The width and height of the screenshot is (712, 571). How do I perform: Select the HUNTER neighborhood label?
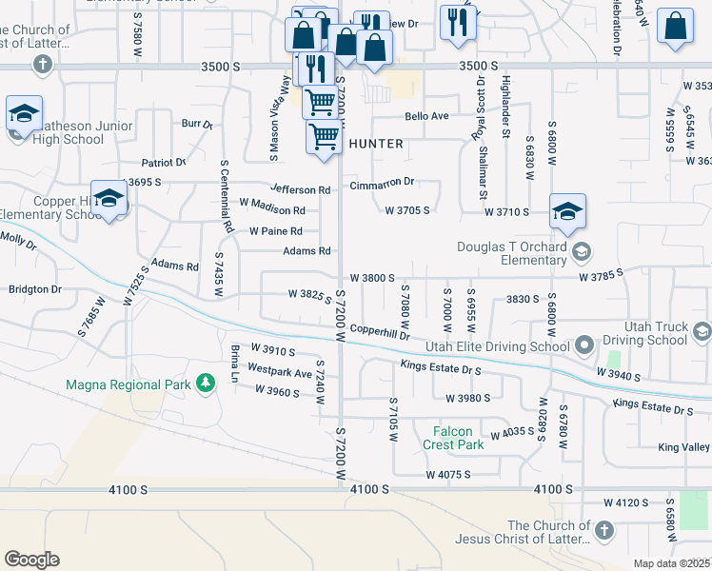click(376, 144)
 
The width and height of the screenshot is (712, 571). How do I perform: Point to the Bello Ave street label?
click(425, 116)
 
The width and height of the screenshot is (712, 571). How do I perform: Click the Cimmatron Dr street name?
click(383, 182)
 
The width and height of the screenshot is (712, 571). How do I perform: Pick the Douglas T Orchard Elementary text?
click(513, 254)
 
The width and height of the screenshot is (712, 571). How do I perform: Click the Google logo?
click(31, 559)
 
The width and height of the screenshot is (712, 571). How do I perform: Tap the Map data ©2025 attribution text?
click(671, 563)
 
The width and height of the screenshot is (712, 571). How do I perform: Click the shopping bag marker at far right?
click(675, 29)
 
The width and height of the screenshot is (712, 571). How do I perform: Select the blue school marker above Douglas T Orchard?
click(567, 212)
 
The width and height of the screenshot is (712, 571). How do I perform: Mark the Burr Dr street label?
click(197, 124)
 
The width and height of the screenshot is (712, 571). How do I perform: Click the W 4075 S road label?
click(449, 474)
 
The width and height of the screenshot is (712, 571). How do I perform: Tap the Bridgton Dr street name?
click(34, 288)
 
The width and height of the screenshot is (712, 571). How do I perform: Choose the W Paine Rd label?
click(275, 231)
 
